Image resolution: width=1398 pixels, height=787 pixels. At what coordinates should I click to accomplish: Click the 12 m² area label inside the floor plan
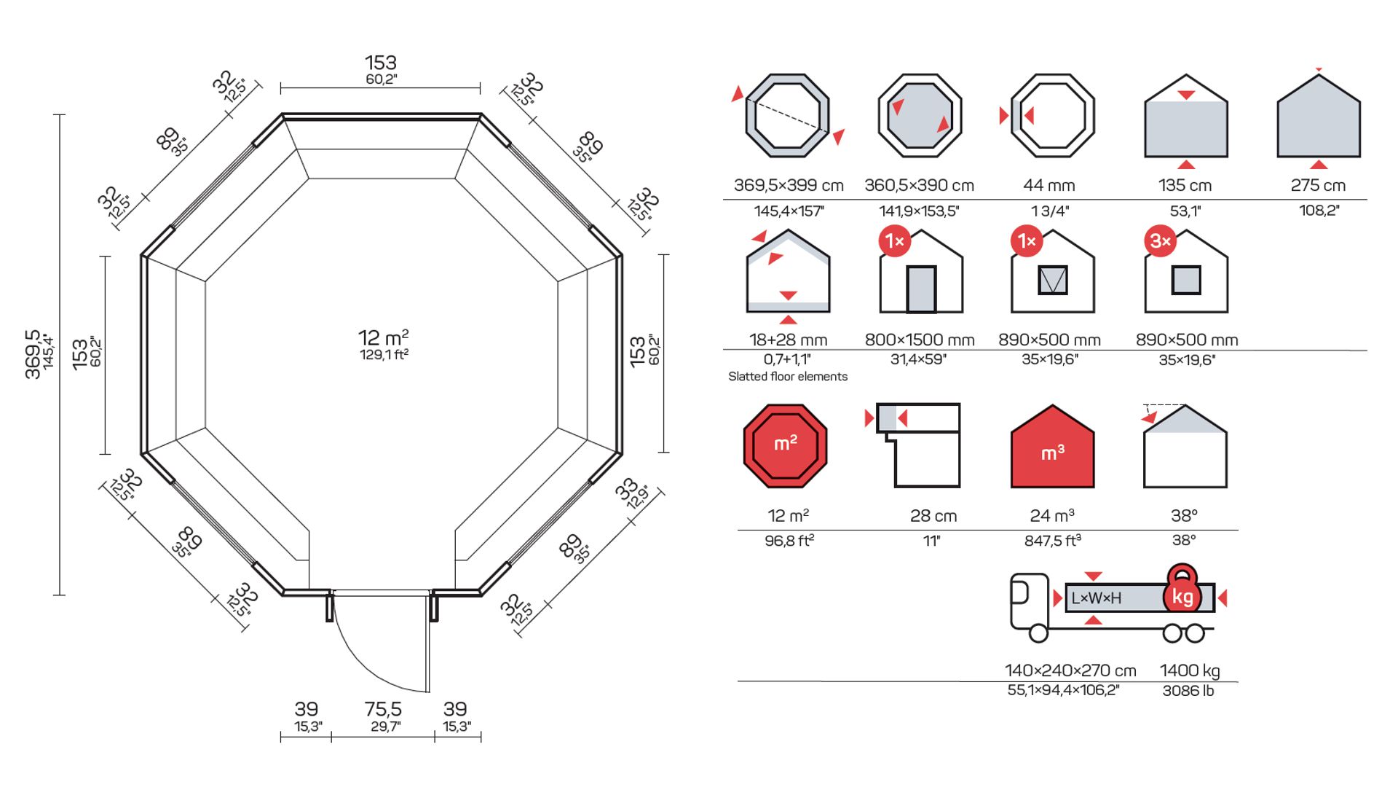coord(383,338)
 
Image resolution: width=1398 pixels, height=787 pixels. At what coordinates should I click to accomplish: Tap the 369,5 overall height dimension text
coord(33,354)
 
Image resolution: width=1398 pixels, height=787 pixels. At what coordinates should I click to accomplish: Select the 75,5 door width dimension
coord(383,709)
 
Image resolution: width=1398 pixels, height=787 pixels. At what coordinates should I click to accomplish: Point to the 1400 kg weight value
coord(1190,670)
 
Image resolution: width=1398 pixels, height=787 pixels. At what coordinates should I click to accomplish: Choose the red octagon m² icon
coord(785,446)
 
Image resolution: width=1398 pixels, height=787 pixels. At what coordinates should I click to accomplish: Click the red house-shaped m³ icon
coord(1052,447)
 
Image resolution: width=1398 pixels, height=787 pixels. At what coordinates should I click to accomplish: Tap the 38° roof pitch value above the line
coord(1184,516)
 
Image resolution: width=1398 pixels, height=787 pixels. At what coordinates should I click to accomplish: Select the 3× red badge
coord(1160,241)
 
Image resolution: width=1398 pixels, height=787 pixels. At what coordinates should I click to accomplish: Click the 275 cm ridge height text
coord(1318,185)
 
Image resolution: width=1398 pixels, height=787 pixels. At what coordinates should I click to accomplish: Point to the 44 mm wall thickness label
coord(1048,185)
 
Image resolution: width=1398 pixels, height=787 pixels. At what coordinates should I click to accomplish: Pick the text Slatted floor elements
coord(788,377)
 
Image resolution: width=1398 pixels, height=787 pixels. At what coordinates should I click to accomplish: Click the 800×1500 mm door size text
coord(919,340)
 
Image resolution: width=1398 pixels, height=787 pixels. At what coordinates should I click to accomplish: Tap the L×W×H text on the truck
coord(1096,598)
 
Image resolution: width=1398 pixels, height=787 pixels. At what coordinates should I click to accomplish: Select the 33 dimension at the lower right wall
coord(625,490)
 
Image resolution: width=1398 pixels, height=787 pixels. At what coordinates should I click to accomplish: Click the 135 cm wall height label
coord(1185,185)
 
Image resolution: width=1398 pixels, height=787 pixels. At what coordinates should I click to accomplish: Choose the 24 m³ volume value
coord(1051,516)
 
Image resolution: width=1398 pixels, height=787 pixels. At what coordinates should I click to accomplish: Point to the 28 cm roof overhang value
coord(933,516)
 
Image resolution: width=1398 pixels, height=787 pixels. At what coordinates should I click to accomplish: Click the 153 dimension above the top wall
coord(381,63)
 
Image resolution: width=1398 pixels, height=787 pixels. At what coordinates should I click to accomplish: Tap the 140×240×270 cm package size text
coord(1070,670)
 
